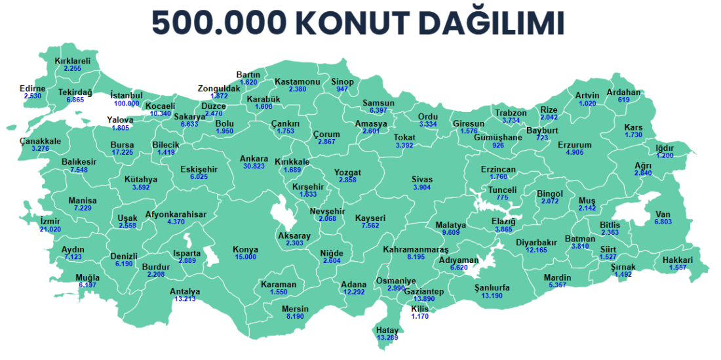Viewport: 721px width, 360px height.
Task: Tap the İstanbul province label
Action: tap(127, 95)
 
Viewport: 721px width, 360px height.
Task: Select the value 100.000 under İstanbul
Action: tap(127, 103)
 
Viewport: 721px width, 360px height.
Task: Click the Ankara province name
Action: tap(254, 158)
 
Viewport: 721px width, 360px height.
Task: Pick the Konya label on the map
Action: tap(246, 249)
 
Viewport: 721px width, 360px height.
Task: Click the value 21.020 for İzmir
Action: tap(50, 229)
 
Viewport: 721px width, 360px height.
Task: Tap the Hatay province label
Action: tap(387, 329)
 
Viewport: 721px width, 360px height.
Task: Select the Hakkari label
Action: tap(678, 260)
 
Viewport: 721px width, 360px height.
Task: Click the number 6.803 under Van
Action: tap(663, 222)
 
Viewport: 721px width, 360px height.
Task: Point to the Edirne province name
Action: tap(32, 89)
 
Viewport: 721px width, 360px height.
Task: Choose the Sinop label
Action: tap(342, 81)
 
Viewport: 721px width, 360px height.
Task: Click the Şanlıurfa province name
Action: tap(492, 287)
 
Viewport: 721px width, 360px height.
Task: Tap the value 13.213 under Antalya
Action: tap(185, 299)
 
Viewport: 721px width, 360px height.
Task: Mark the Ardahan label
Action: tap(623, 92)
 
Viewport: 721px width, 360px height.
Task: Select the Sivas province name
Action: tap(422, 179)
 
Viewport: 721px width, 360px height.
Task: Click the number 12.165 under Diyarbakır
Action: tap(536, 250)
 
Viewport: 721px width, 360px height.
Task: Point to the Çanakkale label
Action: tap(40, 141)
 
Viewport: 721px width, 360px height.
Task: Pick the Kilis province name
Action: tap(419, 308)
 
